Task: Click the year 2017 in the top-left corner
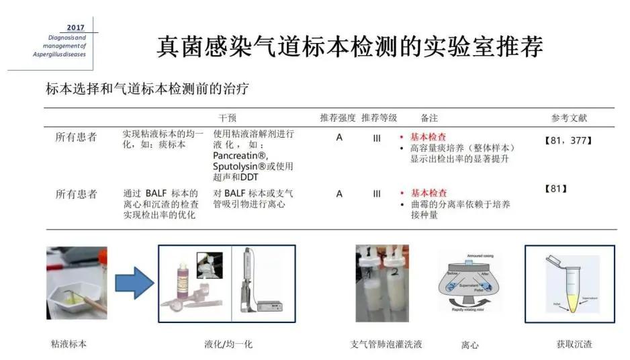click(76, 28)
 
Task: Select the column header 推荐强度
click(338, 118)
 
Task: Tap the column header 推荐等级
click(379, 118)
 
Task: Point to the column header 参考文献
click(569, 118)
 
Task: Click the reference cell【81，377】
click(568, 140)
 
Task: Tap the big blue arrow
click(134, 282)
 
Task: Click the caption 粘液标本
click(69, 345)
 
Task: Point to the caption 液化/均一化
click(228, 345)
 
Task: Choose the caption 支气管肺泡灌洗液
click(386, 345)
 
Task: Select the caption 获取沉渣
click(574, 345)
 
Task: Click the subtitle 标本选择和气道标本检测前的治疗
click(148, 89)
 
